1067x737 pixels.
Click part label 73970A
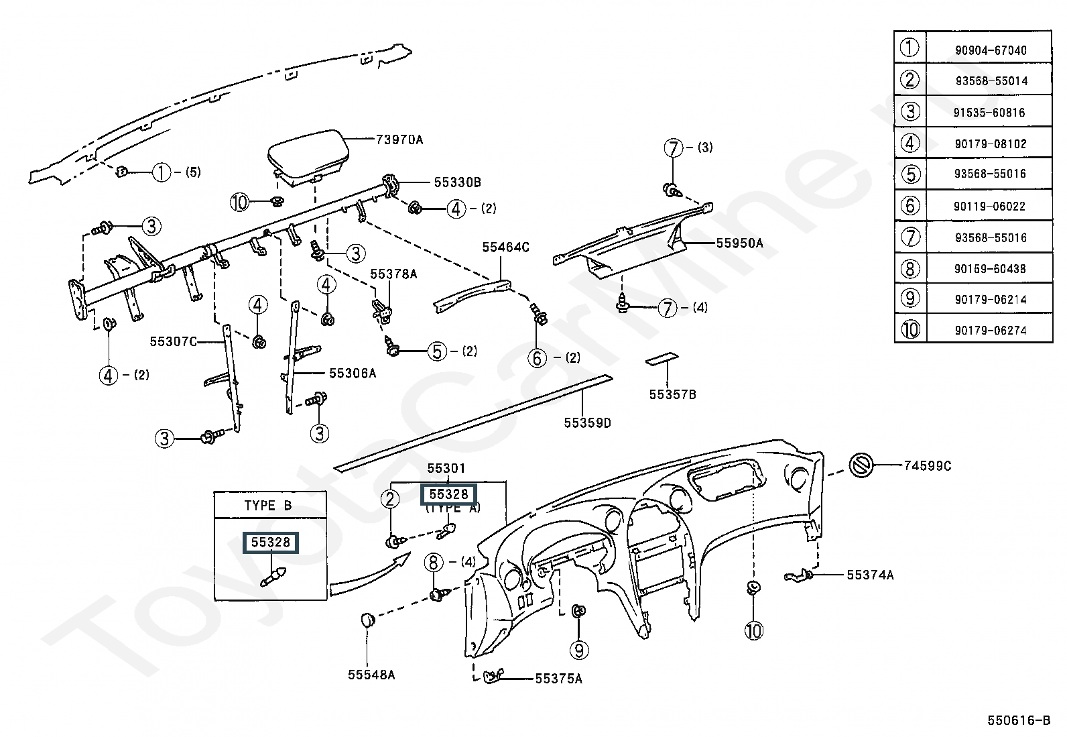(399, 139)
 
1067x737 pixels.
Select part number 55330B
(457, 182)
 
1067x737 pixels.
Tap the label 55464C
(505, 247)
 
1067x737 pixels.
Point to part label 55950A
(739, 243)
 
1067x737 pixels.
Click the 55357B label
(673, 394)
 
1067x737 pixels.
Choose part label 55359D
(587, 423)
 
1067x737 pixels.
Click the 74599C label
(928, 466)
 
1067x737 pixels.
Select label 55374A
(870, 575)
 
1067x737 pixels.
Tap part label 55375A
(559, 679)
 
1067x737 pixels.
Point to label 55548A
(371, 675)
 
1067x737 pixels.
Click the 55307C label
(174, 341)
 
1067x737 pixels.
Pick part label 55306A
(353, 374)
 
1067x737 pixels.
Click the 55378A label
(393, 274)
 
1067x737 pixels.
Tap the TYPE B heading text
(267, 506)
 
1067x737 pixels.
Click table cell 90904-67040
(991, 50)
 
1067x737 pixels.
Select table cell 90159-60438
(990, 269)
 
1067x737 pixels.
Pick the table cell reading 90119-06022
(989, 206)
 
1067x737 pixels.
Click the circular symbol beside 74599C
(861, 465)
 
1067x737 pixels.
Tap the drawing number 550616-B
(1019, 720)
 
